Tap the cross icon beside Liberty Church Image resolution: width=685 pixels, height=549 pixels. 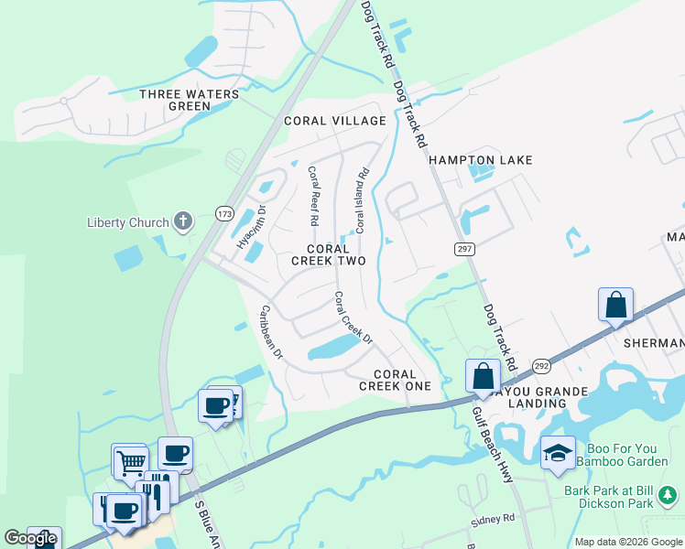coord(184,221)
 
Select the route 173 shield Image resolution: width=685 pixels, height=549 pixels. coord(224,213)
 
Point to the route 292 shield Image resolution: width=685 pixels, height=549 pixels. coord(542,363)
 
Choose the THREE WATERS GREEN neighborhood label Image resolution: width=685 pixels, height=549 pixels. coord(190,100)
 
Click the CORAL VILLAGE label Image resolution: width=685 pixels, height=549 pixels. coord(335,121)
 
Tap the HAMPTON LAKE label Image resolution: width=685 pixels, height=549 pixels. coord(481,160)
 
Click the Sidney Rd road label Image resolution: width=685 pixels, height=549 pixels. coord(493,520)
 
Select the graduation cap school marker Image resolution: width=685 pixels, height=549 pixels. coord(558,453)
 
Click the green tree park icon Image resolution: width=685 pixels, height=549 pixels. coord(669,495)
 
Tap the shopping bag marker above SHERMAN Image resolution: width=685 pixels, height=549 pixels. coord(616,304)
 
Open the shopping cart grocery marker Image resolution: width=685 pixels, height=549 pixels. coord(129,459)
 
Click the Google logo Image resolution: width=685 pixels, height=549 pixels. coord(31,538)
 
